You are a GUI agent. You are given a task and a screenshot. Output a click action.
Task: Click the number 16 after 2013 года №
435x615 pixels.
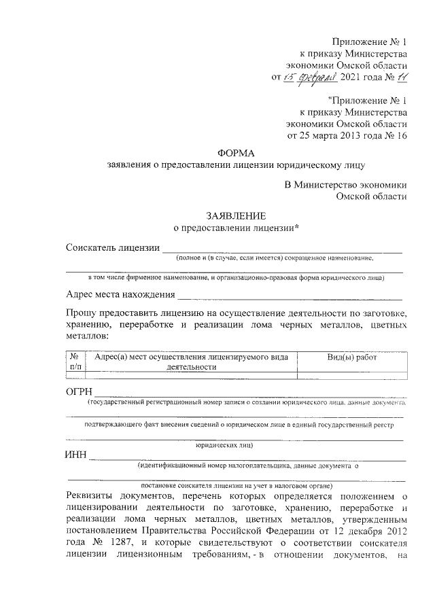pos(400,136)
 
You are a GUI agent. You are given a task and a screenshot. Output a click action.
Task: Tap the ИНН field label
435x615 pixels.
pos(76,455)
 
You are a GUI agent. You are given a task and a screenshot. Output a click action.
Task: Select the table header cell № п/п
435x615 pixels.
pos(75,362)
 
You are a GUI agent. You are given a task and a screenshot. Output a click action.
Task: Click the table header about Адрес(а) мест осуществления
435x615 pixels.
pos(192,362)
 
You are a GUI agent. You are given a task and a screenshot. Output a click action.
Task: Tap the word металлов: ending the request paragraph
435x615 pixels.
pos(87,336)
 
